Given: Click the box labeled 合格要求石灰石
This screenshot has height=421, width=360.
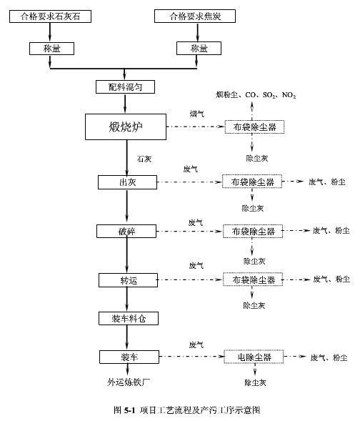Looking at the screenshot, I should click(50, 16).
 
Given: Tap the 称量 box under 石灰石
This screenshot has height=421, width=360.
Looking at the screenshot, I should click(50, 48).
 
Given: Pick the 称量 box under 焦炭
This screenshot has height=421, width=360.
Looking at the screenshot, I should click(198, 48).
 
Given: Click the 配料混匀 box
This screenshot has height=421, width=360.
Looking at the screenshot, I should click(126, 87).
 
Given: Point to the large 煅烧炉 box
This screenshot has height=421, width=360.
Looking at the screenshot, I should click(126, 127).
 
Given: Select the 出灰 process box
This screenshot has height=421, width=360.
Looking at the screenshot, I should click(126, 182).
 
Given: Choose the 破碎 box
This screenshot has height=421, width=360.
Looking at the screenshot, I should click(126, 231).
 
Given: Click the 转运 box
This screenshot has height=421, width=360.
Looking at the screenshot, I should click(126, 279).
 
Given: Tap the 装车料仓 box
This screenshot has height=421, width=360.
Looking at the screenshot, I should click(127, 318).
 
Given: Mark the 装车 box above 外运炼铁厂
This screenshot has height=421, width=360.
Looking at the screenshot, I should click(127, 356).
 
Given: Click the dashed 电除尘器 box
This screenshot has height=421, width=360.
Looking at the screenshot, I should click(253, 356).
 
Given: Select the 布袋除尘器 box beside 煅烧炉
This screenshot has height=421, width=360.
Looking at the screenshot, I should click(254, 127).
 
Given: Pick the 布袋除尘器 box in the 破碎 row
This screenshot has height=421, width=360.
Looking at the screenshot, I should click(253, 231).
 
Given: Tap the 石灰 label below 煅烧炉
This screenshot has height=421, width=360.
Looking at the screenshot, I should click(143, 159).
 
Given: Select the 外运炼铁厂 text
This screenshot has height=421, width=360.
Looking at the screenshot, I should click(126, 382).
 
